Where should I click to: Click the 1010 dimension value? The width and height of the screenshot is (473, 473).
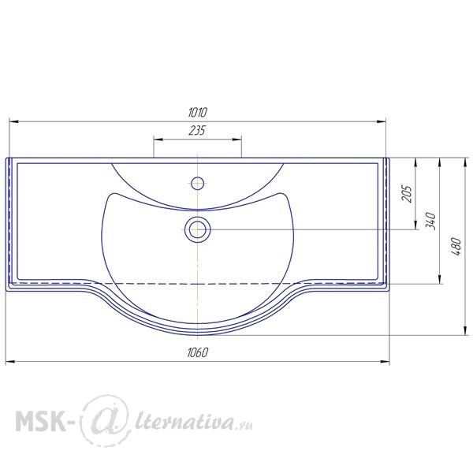(198, 113)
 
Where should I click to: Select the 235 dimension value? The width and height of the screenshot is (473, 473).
(197, 131)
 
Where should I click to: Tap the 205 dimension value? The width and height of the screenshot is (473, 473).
(407, 194)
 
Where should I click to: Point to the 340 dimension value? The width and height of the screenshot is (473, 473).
(430, 221)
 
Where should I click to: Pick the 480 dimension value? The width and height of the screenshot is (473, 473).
(457, 247)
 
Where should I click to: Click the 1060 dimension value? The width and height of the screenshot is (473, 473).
(198, 352)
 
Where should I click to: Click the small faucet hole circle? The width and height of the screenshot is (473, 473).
(197, 183)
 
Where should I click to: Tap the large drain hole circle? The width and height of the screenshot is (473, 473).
(198, 229)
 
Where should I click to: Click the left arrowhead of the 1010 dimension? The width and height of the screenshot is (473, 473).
(14, 121)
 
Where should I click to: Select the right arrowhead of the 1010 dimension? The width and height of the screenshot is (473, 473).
(381, 121)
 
